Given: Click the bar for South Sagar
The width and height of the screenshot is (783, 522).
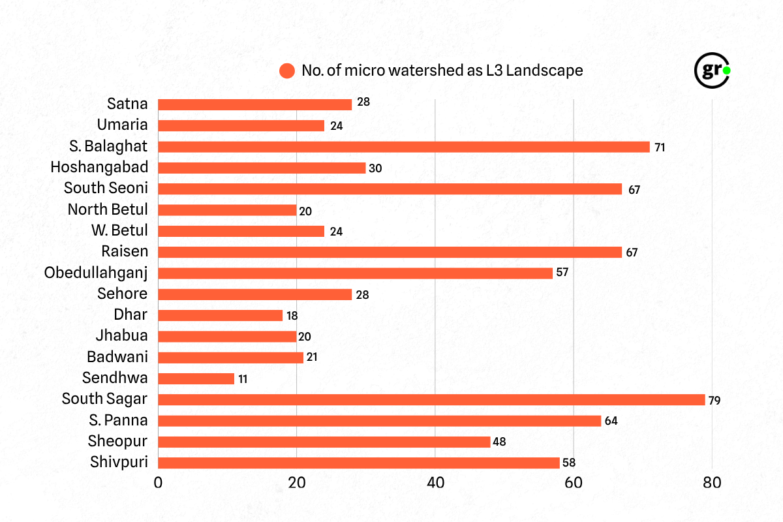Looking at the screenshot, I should (431, 399).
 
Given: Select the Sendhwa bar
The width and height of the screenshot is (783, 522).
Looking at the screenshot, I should (196, 378).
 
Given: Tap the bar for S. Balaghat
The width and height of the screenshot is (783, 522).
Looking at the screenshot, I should (404, 147).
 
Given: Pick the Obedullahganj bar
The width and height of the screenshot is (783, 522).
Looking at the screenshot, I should (356, 273).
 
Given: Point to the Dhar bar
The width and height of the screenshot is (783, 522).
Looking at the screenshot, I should (221, 315).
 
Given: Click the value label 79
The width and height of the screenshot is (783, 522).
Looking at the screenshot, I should (714, 400).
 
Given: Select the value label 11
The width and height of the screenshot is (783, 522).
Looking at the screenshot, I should (243, 378).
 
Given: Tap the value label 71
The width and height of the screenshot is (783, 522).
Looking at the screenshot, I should (659, 147).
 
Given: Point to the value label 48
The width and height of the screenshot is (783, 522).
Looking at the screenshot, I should (499, 442).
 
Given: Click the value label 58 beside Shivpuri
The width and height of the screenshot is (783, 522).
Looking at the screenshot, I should (568, 463).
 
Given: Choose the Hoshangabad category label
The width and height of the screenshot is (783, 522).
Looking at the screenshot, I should (99, 167).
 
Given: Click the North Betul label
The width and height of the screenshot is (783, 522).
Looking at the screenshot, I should (108, 209).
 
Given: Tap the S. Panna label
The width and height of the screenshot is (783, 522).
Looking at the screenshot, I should (118, 420).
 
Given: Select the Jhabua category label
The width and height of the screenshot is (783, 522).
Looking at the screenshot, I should (121, 336).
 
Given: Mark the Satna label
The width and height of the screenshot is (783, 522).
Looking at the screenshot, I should (128, 104).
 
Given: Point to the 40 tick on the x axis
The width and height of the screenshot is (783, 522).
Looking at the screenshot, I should (435, 484).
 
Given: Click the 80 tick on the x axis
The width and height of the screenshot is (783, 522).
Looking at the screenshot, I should (712, 484).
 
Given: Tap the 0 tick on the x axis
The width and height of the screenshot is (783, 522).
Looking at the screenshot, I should (159, 484).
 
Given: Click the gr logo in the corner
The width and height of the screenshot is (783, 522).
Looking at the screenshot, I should (711, 70).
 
